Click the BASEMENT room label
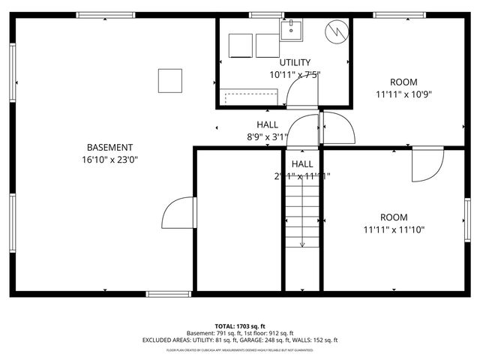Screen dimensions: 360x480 pyautogui.click(x=109, y=148)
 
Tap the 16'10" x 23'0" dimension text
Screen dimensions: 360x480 pyautogui.click(x=109, y=160)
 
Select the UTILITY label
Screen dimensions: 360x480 pyautogui.click(x=295, y=62)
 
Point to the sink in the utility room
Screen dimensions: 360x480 pyautogui.click(x=291, y=31)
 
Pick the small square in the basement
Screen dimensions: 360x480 pyautogui.click(x=170, y=80)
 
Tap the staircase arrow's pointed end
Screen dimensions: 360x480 pyautogui.click(x=302, y=244)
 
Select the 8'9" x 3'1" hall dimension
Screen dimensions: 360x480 pyautogui.click(x=268, y=137)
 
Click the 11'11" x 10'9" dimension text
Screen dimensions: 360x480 pyautogui.click(x=403, y=94)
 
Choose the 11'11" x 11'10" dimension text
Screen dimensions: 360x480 pyautogui.click(x=394, y=230)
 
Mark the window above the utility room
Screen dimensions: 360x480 pyautogui.click(x=266, y=15)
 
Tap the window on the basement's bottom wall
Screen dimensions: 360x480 pyautogui.click(x=168, y=294)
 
